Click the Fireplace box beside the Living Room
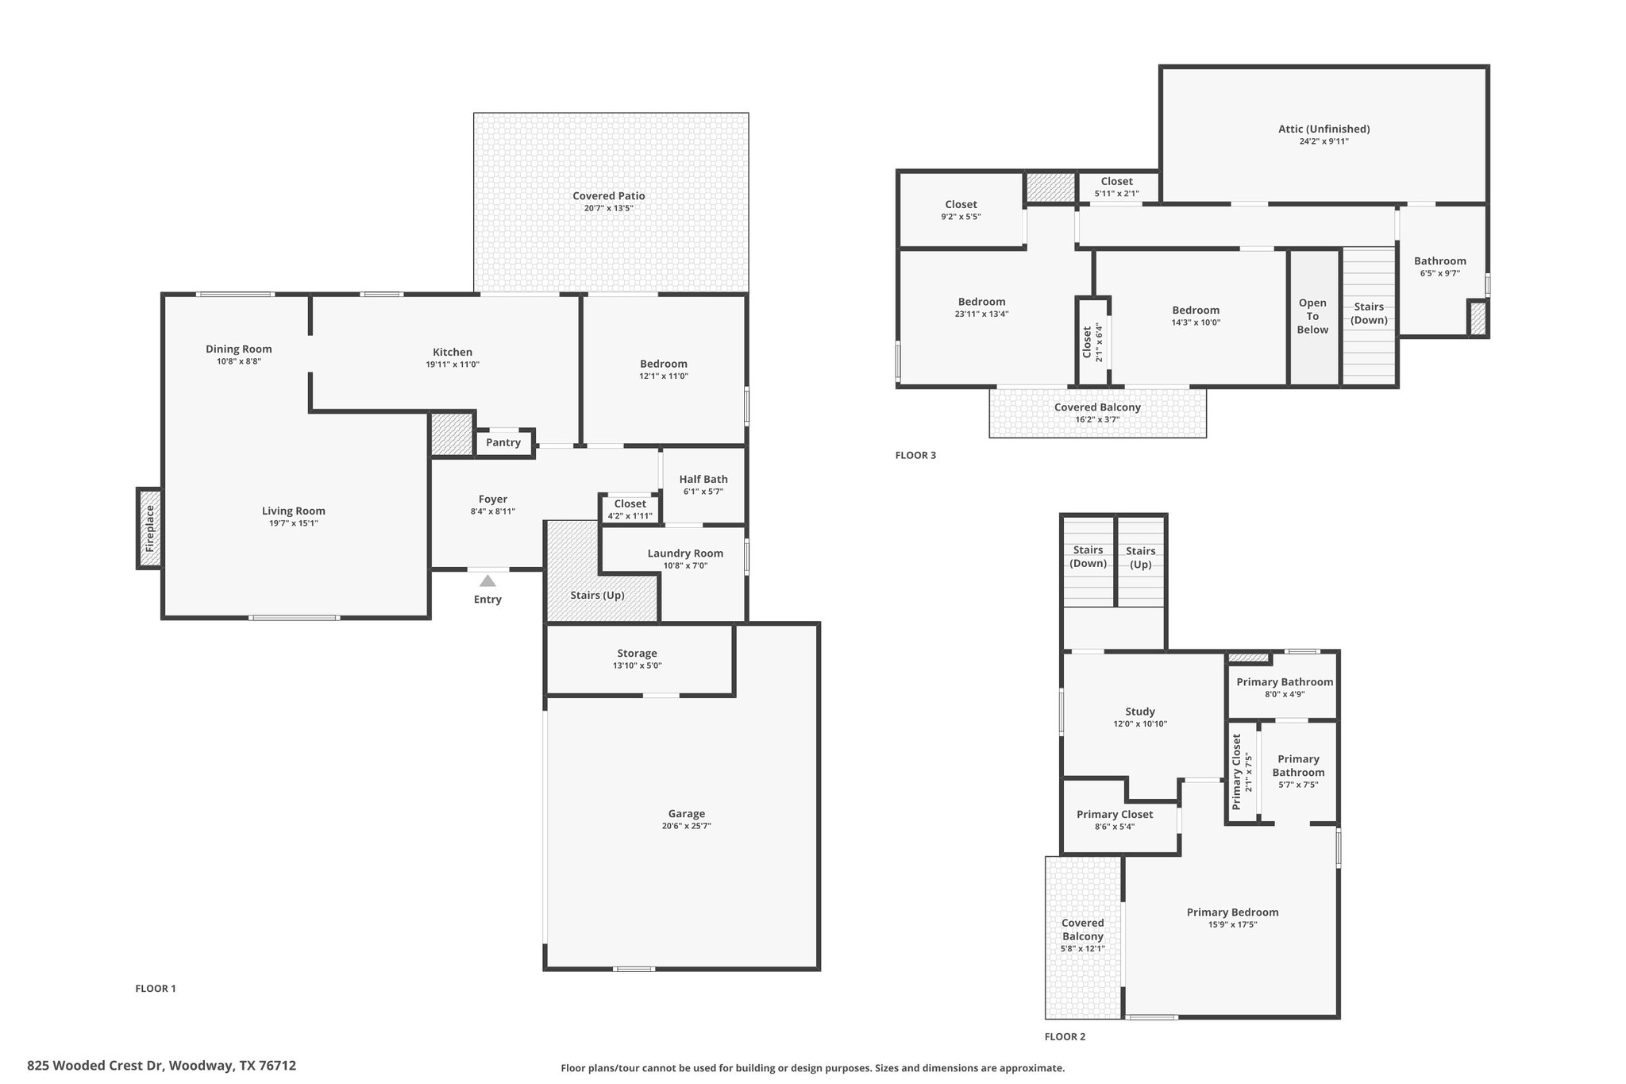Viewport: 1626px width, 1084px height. (x=150, y=528)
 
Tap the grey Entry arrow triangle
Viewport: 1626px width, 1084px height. (x=487, y=581)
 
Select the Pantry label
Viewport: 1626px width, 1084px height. (x=503, y=442)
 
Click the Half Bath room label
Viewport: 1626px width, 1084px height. (x=703, y=479)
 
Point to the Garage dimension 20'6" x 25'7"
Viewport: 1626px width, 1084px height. (x=686, y=826)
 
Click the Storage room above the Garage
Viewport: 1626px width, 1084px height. (x=637, y=658)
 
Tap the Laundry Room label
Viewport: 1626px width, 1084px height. (x=685, y=554)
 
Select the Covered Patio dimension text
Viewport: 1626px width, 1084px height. (x=609, y=208)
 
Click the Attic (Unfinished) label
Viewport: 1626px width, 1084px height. (x=1324, y=129)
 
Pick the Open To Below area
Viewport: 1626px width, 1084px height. (x=1312, y=316)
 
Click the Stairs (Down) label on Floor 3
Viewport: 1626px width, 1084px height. (x=1369, y=313)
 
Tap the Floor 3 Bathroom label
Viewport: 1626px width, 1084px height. (x=1439, y=260)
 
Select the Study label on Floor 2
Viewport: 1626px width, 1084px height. (x=1140, y=712)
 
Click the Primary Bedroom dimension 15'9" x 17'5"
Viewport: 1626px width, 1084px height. (x=1232, y=924)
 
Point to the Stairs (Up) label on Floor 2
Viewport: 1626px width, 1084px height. (x=1140, y=557)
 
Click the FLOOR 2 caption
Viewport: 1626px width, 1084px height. (x=1065, y=1036)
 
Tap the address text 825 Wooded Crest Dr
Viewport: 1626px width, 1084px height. (x=161, y=1066)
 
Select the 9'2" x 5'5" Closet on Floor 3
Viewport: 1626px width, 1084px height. (x=961, y=210)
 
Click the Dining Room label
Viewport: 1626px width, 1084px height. (x=238, y=349)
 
